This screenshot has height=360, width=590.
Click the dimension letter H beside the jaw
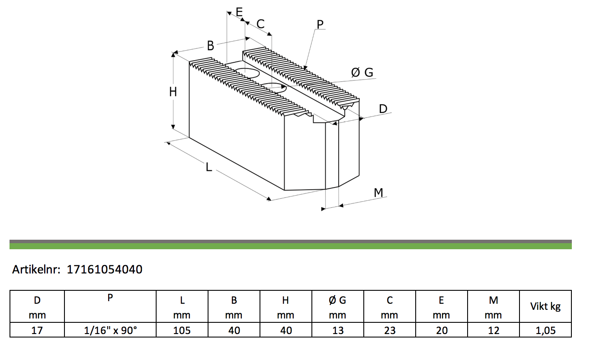[173, 92]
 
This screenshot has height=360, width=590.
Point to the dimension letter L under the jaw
[208, 167]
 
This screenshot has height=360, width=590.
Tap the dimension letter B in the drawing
[211, 45]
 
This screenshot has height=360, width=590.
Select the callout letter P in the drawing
[320, 25]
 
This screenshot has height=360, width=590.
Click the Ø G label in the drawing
[362, 72]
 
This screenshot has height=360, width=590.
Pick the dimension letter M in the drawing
[378, 193]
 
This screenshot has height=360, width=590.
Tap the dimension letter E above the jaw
[239, 12]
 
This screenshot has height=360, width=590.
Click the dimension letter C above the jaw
[260, 24]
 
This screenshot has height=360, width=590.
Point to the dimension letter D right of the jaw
[383, 109]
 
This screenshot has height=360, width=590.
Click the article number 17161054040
[105, 269]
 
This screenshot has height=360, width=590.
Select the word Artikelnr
[36, 269]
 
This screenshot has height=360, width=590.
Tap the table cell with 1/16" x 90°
[110, 330]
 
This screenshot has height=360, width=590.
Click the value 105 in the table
[182, 331]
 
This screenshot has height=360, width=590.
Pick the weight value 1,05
[545, 331]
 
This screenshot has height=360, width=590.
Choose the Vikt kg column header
[545, 306]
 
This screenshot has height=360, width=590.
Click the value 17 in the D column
[37, 331]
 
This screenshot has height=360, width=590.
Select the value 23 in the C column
[390, 331]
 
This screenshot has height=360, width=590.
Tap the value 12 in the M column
[494, 331]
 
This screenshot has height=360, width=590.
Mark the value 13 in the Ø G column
[338, 331]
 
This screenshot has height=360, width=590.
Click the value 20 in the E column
[442, 331]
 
